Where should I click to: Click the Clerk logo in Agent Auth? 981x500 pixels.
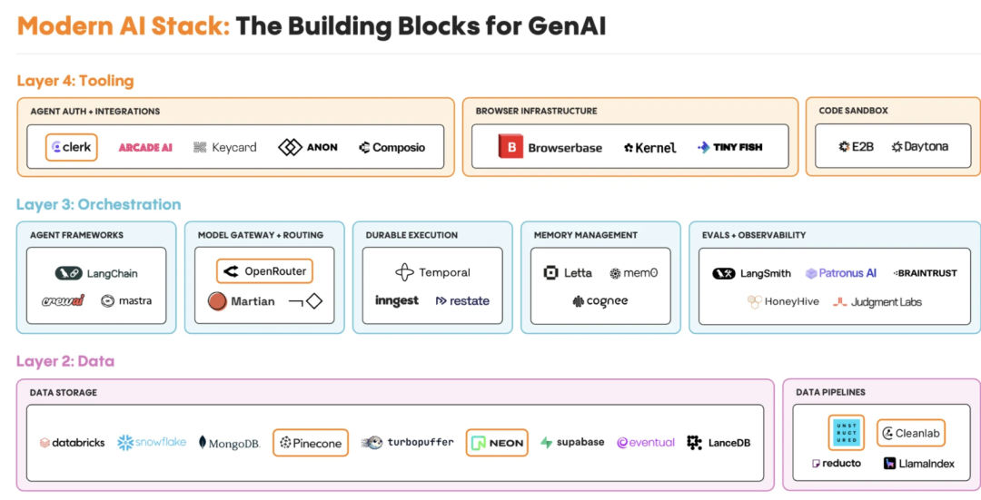[72, 147]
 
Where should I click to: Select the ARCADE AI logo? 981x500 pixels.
[145, 147]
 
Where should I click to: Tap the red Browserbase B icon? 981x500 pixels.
[510, 147]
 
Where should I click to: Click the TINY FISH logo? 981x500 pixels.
[729, 147]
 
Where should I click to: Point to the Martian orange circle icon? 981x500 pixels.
[217, 301]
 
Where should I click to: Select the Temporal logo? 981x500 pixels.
[432, 272]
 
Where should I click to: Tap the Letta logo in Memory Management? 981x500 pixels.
[568, 272]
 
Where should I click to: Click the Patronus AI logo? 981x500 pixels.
[841, 273]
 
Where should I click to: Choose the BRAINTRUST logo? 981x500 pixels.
[926, 273]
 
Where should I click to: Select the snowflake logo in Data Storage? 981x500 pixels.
[152, 442]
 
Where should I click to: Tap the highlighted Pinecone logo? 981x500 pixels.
[311, 443]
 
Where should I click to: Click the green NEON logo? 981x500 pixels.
[497, 443]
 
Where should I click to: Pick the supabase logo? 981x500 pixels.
[572, 443]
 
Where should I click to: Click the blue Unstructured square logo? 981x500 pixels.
[846, 433]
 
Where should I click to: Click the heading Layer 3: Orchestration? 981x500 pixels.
[98, 204]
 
